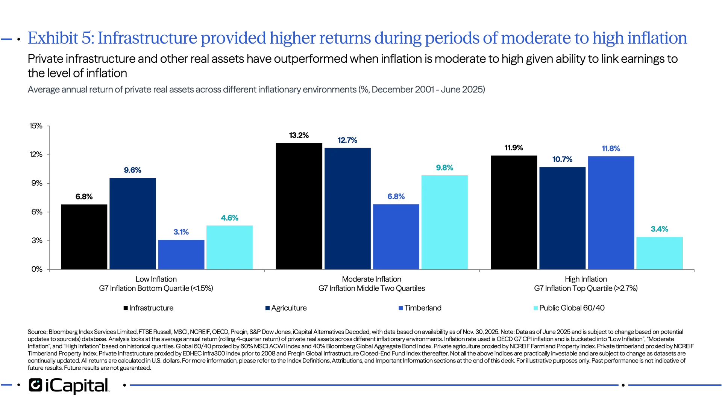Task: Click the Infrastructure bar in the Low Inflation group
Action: pos(84,237)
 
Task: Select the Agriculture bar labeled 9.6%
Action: pos(132,223)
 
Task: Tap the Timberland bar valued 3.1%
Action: pos(181,254)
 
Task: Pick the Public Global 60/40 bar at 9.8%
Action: pos(444,222)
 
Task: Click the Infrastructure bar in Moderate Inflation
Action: pos(299,206)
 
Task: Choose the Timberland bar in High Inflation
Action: pos(611,213)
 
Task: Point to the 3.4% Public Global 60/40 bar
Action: pos(659,252)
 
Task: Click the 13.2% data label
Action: pos(299,135)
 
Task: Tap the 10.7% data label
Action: pos(562,159)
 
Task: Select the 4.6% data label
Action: pos(229,218)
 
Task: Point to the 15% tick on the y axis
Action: pos(36,126)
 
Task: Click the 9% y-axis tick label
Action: pos(36,183)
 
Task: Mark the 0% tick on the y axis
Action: pos(36,269)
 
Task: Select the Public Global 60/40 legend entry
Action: pos(569,308)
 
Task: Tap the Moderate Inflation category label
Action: pos(372,279)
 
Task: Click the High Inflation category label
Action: pos(586,279)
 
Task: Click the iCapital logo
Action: pos(68,385)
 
